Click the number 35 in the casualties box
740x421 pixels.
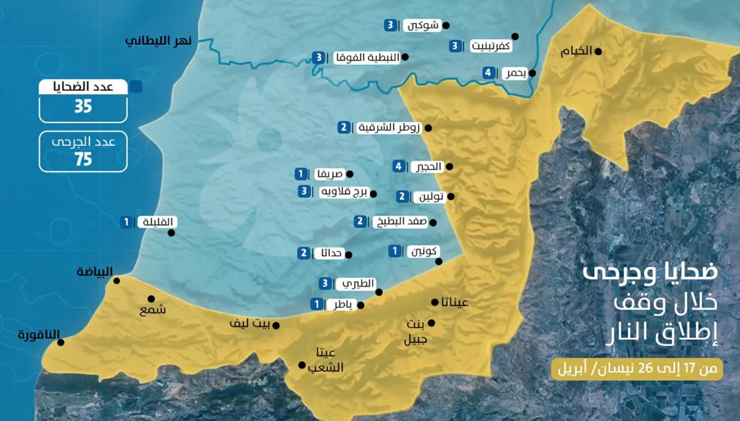click(x=83, y=107)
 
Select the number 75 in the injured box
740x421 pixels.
click(x=83, y=159)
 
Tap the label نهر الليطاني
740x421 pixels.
click(x=158, y=41)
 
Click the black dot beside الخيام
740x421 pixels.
click(x=598, y=51)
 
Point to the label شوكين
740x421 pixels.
click(x=421, y=25)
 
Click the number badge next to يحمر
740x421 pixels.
click(x=489, y=73)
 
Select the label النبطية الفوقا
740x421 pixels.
click(x=366, y=57)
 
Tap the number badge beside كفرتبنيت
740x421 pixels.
click(x=455, y=46)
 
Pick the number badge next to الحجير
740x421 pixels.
click(x=398, y=167)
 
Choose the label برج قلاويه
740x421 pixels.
click(x=343, y=192)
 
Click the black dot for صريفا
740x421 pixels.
click(x=350, y=174)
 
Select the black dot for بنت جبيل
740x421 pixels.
click(x=431, y=323)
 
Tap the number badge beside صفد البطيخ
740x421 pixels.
click(x=360, y=222)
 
